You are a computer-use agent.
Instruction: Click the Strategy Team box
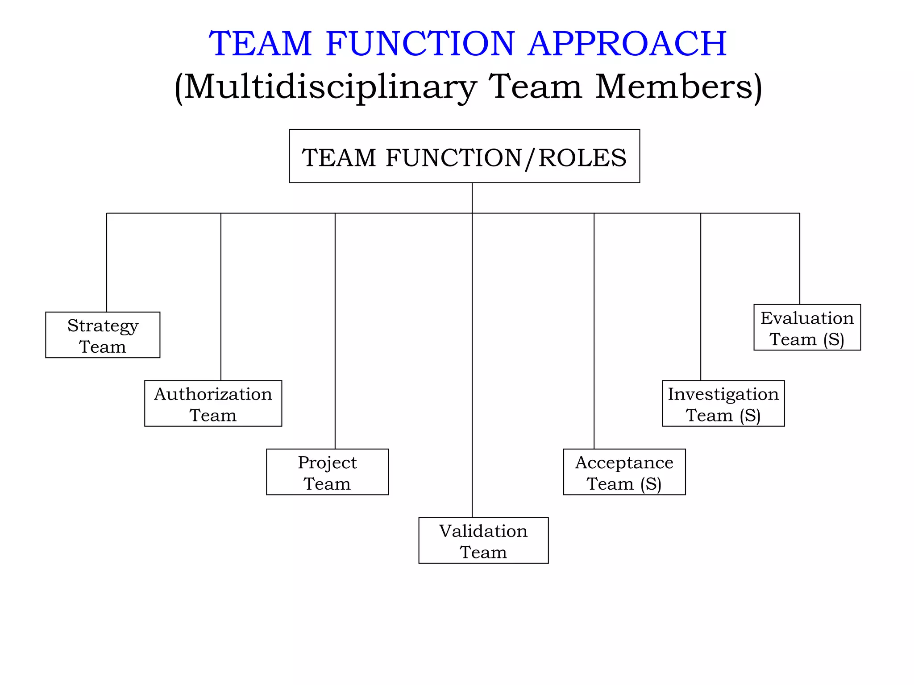103,335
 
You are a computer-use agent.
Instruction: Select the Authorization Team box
213,404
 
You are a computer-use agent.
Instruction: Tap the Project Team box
327,472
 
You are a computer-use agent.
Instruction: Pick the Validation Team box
483,541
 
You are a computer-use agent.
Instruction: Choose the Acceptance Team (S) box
624,472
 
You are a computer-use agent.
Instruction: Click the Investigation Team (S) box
723,404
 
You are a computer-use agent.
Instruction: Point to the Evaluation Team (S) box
807,327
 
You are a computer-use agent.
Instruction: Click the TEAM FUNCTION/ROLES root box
464,156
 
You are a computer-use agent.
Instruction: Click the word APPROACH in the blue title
627,43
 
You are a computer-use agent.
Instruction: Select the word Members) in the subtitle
678,87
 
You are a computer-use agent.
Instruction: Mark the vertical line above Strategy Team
107,263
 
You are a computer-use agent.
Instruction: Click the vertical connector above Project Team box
335,330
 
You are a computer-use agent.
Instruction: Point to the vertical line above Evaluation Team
800,259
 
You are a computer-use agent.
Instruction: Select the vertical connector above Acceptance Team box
594,330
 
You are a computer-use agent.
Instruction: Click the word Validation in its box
483,531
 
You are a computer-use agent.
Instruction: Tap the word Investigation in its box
723,394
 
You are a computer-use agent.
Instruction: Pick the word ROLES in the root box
582,158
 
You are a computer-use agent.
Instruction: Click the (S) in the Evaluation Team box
834,340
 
